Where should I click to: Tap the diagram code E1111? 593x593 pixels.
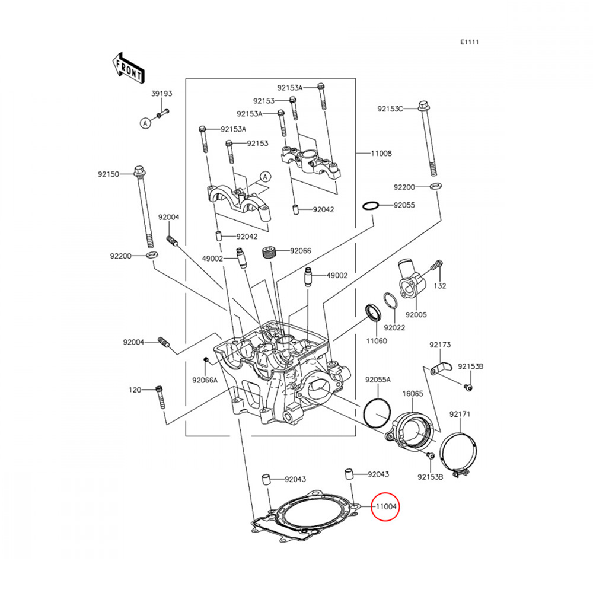pyautogui.click(x=469, y=42)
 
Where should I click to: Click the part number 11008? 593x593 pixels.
pyautogui.click(x=381, y=154)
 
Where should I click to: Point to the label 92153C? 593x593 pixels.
pyautogui.click(x=390, y=109)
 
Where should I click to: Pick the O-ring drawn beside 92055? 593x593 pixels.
pyautogui.click(x=370, y=206)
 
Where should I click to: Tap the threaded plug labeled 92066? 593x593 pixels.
pyautogui.click(x=270, y=252)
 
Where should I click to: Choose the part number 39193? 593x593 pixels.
pyautogui.click(x=161, y=94)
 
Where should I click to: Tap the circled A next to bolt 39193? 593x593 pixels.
pyautogui.click(x=145, y=123)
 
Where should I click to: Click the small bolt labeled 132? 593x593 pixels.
pyautogui.click(x=438, y=267)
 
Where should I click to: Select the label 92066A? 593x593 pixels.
pyautogui.click(x=205, y=380)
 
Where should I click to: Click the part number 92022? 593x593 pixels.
pyautogui.click(x=394, y=327)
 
